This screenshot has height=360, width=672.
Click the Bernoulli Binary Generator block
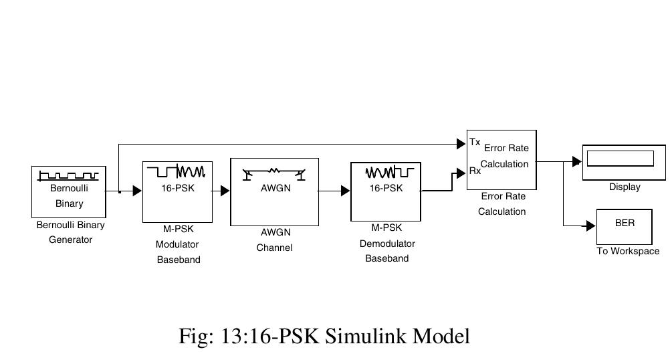coord(69,191)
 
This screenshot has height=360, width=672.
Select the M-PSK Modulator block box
coord(177,191)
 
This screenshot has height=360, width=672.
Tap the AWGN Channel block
coord(274,192)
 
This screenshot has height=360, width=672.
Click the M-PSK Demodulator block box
coord(386,191)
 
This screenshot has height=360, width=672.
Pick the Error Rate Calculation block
coord(501,159)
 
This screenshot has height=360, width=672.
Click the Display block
coord(624,162)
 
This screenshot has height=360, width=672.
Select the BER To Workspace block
coord(625,226)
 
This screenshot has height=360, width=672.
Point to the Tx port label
coord(475,143)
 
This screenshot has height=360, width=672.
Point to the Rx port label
coord(475,171)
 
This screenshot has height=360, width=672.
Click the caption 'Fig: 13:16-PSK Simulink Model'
coord(324,335)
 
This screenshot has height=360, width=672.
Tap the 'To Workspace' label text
coord(628,252)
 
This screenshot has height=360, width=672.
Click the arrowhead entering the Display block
coord(577,162)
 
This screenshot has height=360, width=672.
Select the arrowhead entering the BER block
coord(590,226)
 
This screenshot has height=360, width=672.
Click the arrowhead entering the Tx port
coord(461,143)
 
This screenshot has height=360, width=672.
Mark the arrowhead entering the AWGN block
coord(225,191)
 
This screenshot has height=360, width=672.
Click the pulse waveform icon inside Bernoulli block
coord(69,175)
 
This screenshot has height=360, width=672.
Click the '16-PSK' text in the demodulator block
coord(386,188)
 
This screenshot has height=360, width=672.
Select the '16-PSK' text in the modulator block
coord(177,188)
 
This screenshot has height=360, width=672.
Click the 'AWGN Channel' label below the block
coord(275,240)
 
